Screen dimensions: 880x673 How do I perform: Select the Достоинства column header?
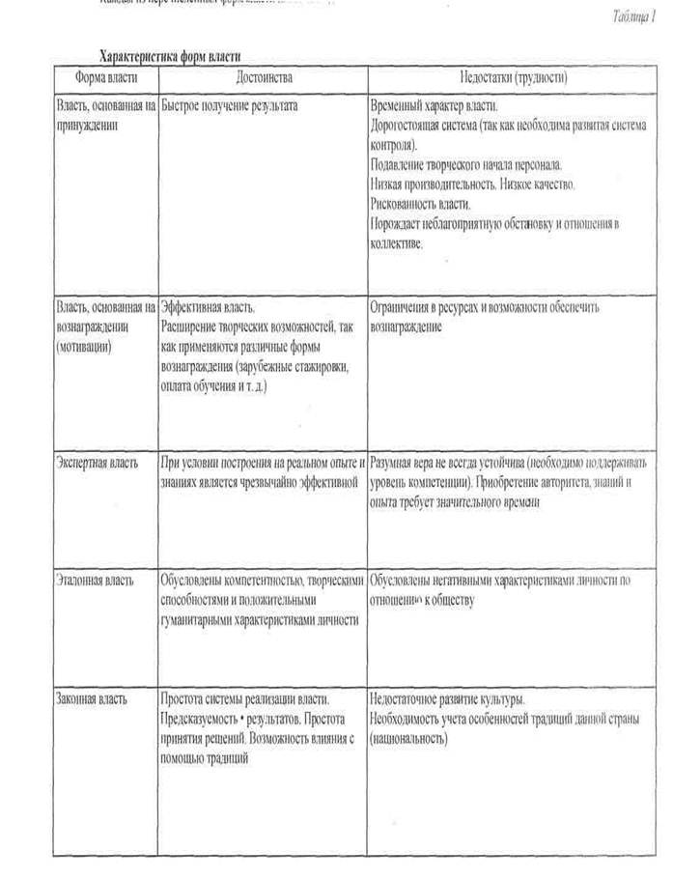click(x=263, y=75)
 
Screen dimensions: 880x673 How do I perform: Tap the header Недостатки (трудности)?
click(x=512, y=75)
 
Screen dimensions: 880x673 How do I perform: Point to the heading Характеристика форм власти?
click(x=177, y=55)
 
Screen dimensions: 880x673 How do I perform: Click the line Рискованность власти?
click(x=421, y=204)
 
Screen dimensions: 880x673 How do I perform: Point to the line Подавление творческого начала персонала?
click(x=465, y=164)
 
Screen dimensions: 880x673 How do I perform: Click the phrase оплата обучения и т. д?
click(x=213, y=385)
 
